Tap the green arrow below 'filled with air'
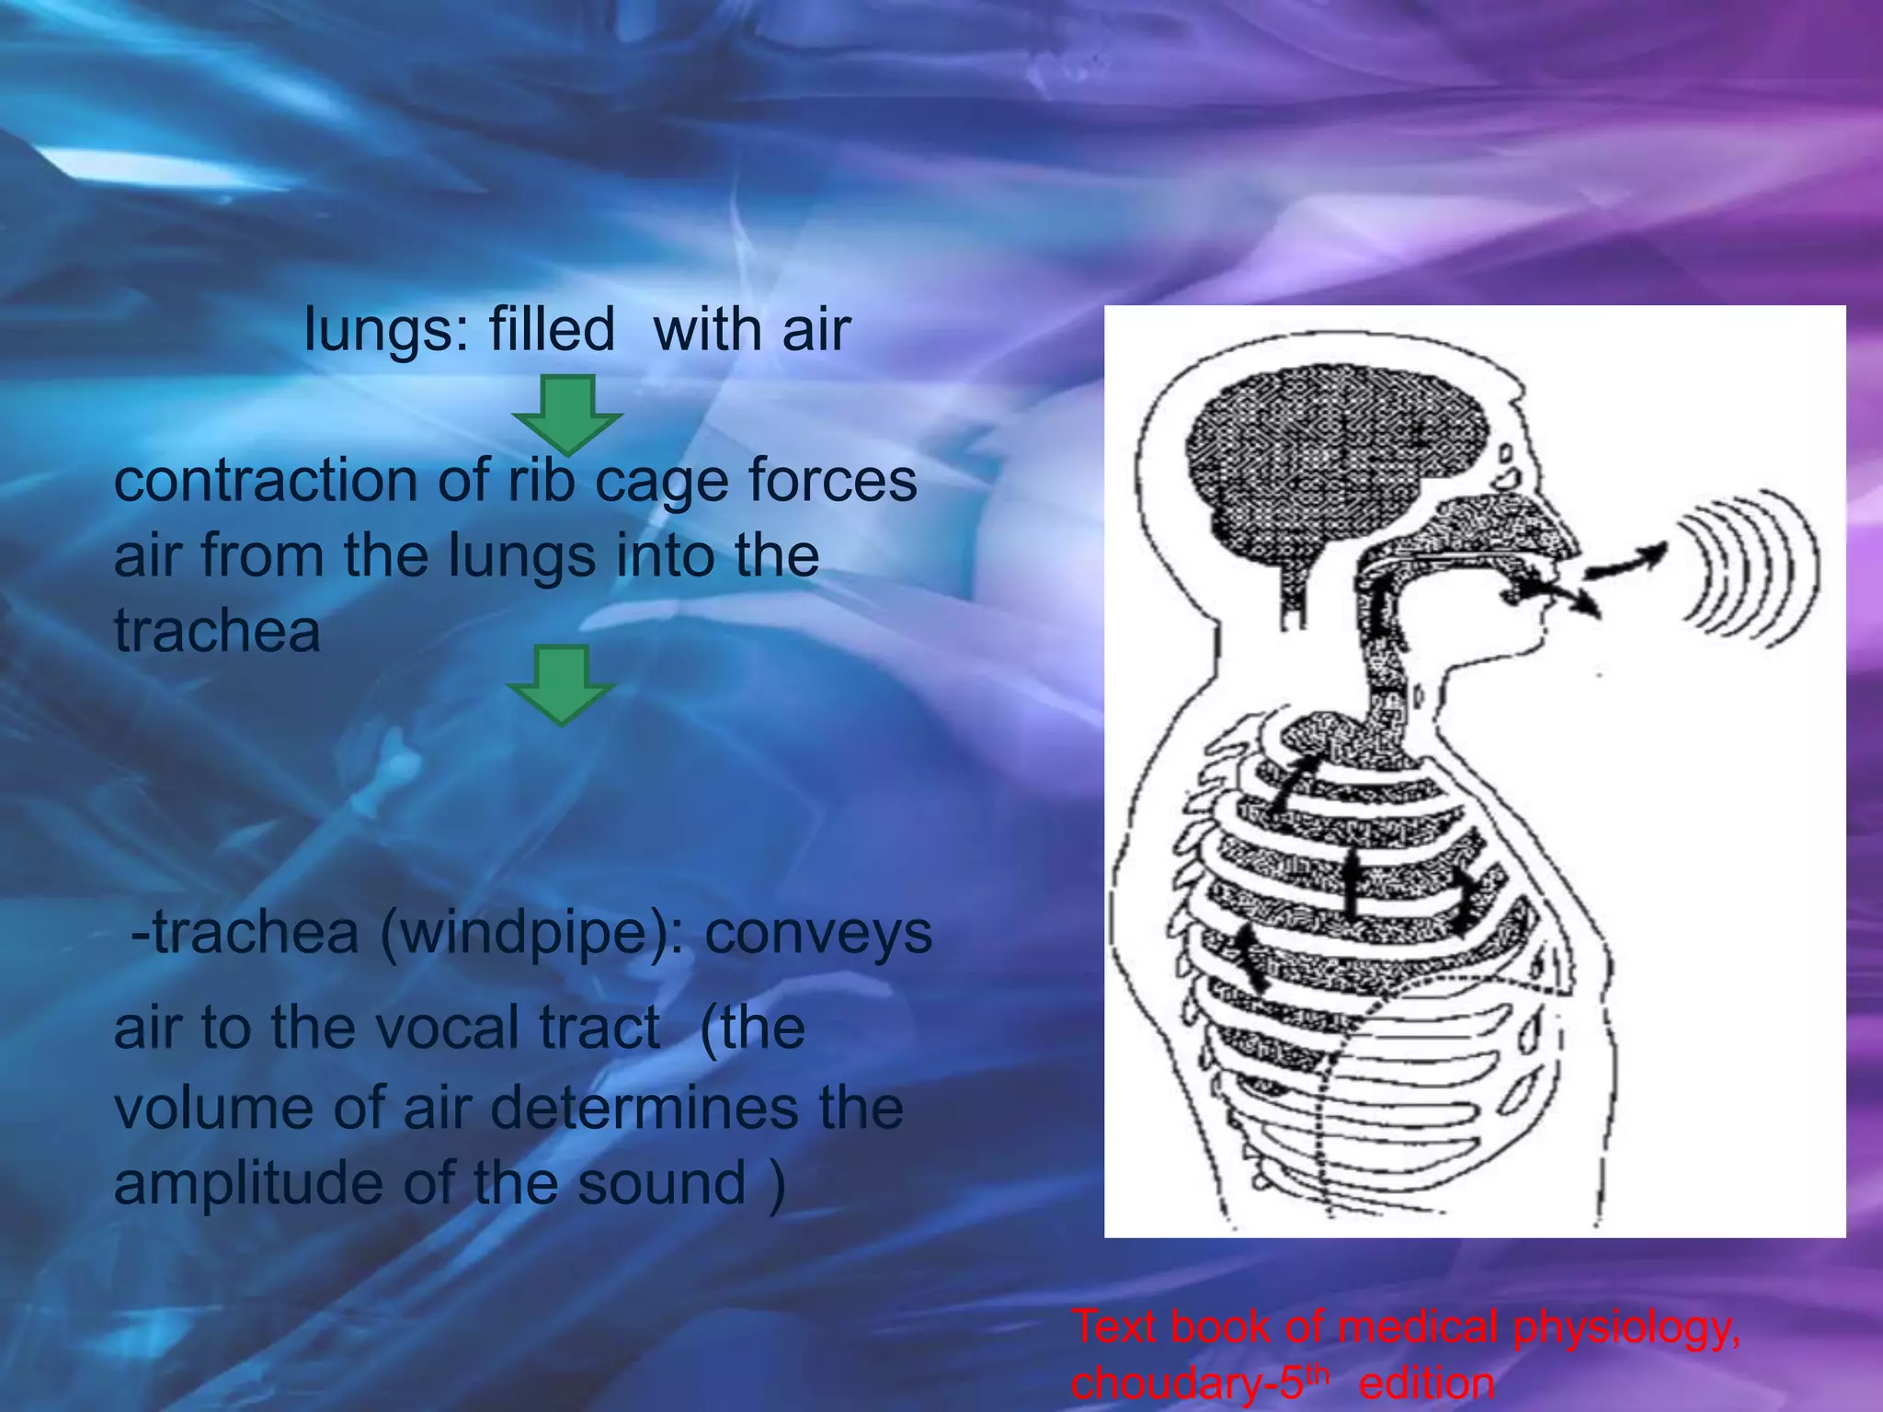567,414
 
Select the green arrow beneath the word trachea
561,684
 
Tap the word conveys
818,934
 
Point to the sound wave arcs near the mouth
1745,570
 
